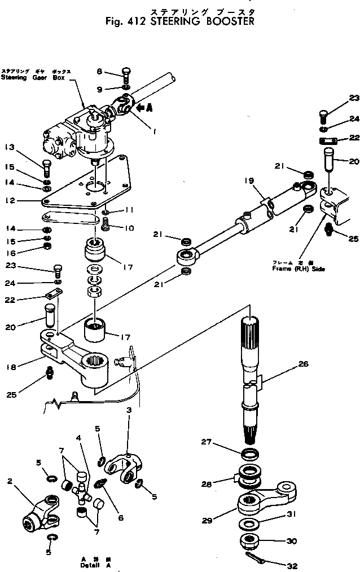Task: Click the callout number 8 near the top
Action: (x=99, y=71)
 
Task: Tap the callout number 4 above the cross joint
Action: (x=78, y=438)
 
